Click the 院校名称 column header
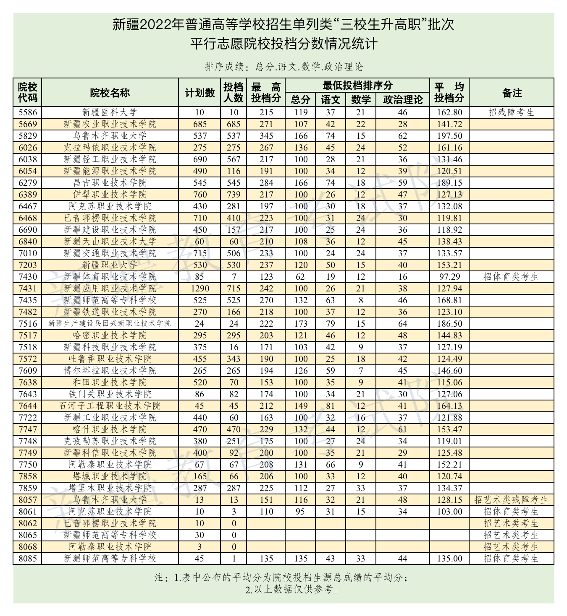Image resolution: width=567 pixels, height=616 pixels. pos(110,93)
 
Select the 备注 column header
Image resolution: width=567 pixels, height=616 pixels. pos(512,93)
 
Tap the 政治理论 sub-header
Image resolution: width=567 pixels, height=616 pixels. pos(402,99)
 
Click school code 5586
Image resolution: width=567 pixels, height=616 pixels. pos(28,112)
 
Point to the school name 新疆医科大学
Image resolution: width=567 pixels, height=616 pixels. pos(110,112)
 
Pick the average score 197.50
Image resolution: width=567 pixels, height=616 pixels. pos(449,136)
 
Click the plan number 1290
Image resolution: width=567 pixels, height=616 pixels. pos(199,289)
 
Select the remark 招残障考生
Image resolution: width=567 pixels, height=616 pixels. pos(511,112)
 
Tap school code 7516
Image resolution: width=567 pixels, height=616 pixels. pos(28,324)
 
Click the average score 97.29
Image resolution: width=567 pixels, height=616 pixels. pos(449,277)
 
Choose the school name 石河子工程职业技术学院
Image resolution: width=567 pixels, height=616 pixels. pos(110,406)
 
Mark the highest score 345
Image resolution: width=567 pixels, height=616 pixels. pos(266,136)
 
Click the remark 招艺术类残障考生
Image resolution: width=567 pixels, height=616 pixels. pos(511,500)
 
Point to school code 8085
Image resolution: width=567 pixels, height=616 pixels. pos(28,559)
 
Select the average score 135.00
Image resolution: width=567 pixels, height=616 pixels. pos(449,559)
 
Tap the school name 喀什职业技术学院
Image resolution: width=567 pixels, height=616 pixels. pos(110,429)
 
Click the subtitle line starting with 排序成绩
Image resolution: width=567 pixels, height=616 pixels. pos(283,67)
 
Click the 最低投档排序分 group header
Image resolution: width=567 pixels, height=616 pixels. pos(357,86)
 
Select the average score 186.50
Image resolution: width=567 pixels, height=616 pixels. pos(449,324)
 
